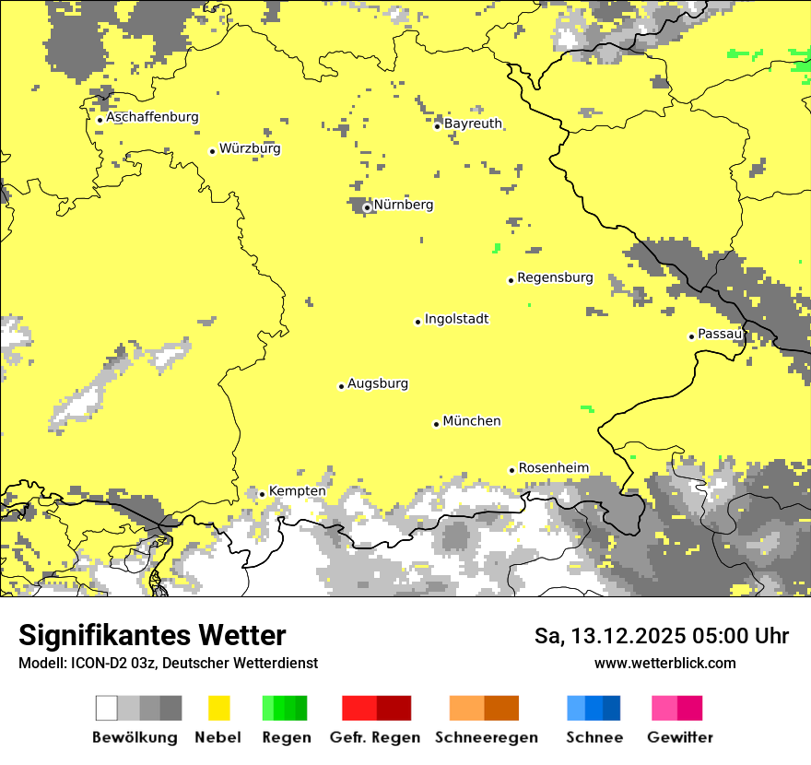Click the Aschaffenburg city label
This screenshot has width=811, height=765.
pyautogui.click(x=152, y=118)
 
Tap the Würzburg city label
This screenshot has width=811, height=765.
pyautogui.click(x=250, y=148)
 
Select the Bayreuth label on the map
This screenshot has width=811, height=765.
pyautogui.click(x=473, y=124)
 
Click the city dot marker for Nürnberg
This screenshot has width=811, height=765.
pyautogui.click(x=367, y=207)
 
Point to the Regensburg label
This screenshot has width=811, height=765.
pyautogui.click(x=555, y=277)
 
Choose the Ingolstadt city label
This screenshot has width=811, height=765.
pyautogui.click(x=456, y=320)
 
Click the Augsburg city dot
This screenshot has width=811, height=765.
pyautogui.click(x=341, y=386)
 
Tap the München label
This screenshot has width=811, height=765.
pyautogui.click(x=472, y=421)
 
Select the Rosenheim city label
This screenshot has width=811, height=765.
pyautogui.click(x=553, y=468)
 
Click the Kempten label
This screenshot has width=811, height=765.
pyautogui.click(x=297, y=491)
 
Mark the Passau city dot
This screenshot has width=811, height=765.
pyautogui.click(x=691, y=336)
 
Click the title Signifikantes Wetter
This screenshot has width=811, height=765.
pyautogui.click(x=152, y=636)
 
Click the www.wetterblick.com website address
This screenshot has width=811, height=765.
pyautogui.click(x=664, y=663)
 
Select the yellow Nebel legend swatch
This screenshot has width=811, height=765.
pyautogui.click(x=218, y=708)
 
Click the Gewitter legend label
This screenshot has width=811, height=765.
pyautogui.click(x=680, y=737)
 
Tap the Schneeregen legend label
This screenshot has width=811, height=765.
pyautogui.click(x=487, y=737)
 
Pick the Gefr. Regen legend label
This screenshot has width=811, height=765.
pyautogui.click(x=374, y=737)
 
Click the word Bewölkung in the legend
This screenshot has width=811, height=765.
pyautogui.click(x=135, y=737)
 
